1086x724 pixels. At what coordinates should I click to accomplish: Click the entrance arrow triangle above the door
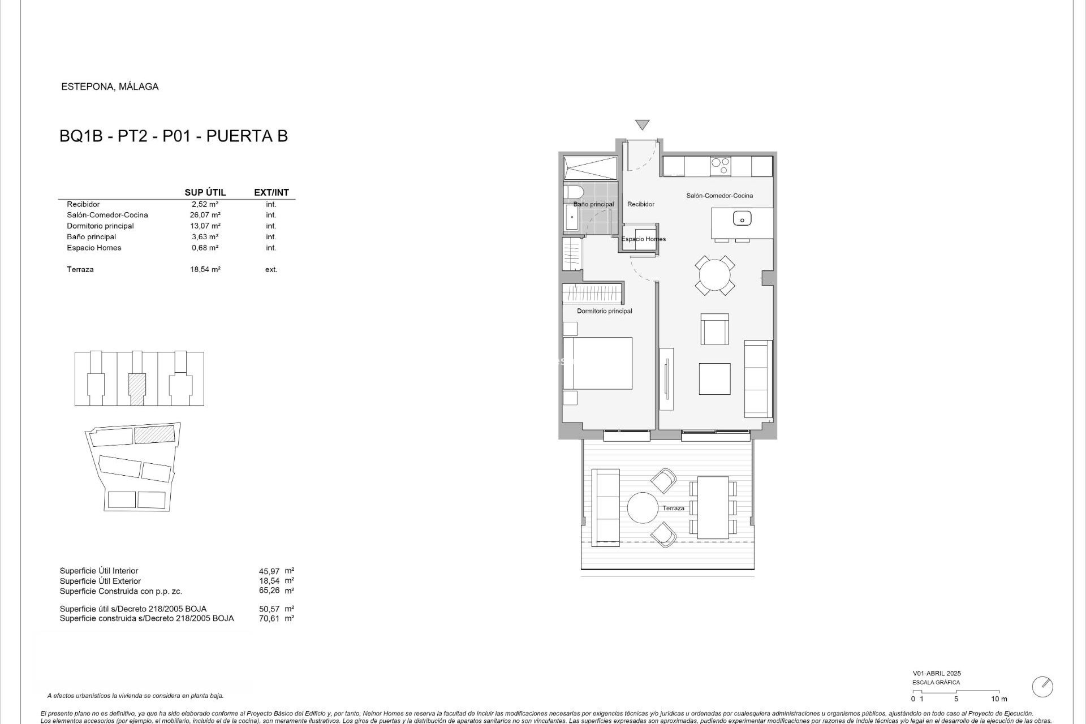[642, 124]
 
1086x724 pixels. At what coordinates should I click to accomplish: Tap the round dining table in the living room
[715, 275]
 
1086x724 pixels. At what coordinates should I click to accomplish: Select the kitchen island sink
[742, 218]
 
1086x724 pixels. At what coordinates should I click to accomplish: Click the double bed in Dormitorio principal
[598, 363]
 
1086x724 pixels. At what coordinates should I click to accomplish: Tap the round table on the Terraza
[643, 508]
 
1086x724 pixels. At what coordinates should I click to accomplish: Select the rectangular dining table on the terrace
[713, 507]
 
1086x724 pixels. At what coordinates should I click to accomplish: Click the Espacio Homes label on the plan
[643, 239]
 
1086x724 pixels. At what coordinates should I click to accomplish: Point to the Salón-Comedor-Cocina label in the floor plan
[719, 196]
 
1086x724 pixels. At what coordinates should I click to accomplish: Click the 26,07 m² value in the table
[205, 215]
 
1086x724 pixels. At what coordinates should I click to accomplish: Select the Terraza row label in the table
[80, 270]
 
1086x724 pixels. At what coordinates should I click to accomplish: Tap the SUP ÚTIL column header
[205, 192]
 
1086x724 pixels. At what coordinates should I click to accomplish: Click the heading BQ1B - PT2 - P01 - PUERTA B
[174, 136]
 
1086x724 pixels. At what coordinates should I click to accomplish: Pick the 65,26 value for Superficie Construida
[269, 591]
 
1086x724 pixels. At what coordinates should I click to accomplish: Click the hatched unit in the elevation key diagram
[137, 389]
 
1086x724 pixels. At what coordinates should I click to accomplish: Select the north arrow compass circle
[1042, 687]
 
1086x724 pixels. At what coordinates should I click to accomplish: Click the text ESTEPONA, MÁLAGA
[110, 87]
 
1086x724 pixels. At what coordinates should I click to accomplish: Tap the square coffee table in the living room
[714, 378]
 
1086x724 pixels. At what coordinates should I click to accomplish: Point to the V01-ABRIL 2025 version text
[937, 674]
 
